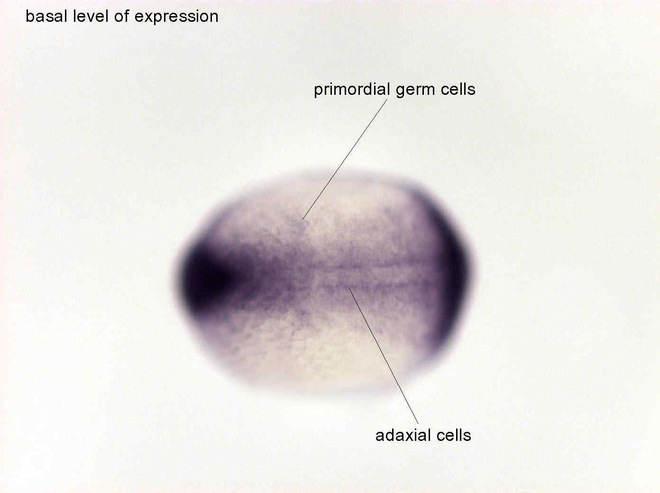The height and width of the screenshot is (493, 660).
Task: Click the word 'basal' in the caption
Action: [x=46, y=16]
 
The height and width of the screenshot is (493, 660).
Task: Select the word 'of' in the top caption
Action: [x=121, y=16]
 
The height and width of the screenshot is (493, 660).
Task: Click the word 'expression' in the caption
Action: [x=176, y=18]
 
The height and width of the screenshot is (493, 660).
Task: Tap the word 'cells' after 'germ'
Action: [x=458, y=89]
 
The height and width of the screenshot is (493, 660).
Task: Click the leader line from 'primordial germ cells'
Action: [x=345, y=159]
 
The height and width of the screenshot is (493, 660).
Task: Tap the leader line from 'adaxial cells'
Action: [x=384, y=356]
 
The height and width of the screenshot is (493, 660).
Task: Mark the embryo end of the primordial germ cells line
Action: [x=302, y=219]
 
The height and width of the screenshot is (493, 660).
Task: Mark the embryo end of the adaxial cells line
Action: [x=349, y=288]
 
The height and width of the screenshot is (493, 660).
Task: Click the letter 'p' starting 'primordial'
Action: [x=319, y=91]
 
